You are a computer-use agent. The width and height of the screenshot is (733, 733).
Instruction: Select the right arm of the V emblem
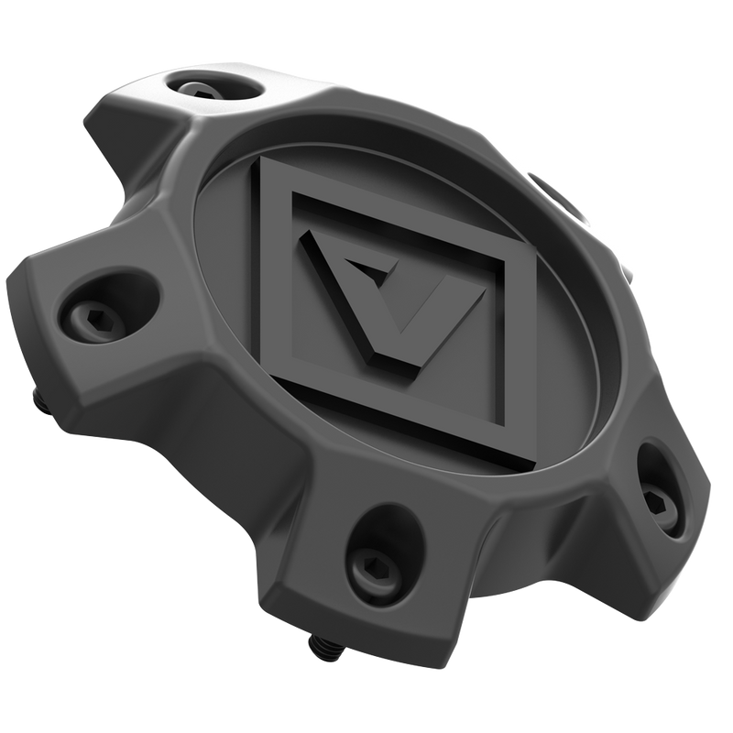click(x=431, y=293)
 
